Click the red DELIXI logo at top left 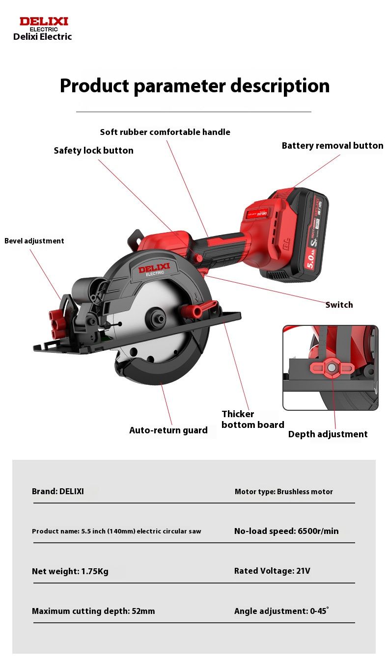point(43,22)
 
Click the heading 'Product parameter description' point(194,86)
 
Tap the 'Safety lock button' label point(93,151)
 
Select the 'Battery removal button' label point(332,146)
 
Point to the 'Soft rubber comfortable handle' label point(165,132)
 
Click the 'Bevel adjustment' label point(34,241)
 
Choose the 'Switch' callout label point(339,305)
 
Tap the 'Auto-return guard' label point(168,430)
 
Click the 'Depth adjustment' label point(328,434)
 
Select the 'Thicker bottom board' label point(252,420)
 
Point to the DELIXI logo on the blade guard point(154,269)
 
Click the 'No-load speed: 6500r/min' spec point(286,531)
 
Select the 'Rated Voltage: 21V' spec point(272,571)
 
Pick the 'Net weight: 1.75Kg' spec point(70,571)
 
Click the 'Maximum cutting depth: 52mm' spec point(93,611)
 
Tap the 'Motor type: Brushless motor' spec point(283,492)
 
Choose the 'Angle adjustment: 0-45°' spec point(281,611)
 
